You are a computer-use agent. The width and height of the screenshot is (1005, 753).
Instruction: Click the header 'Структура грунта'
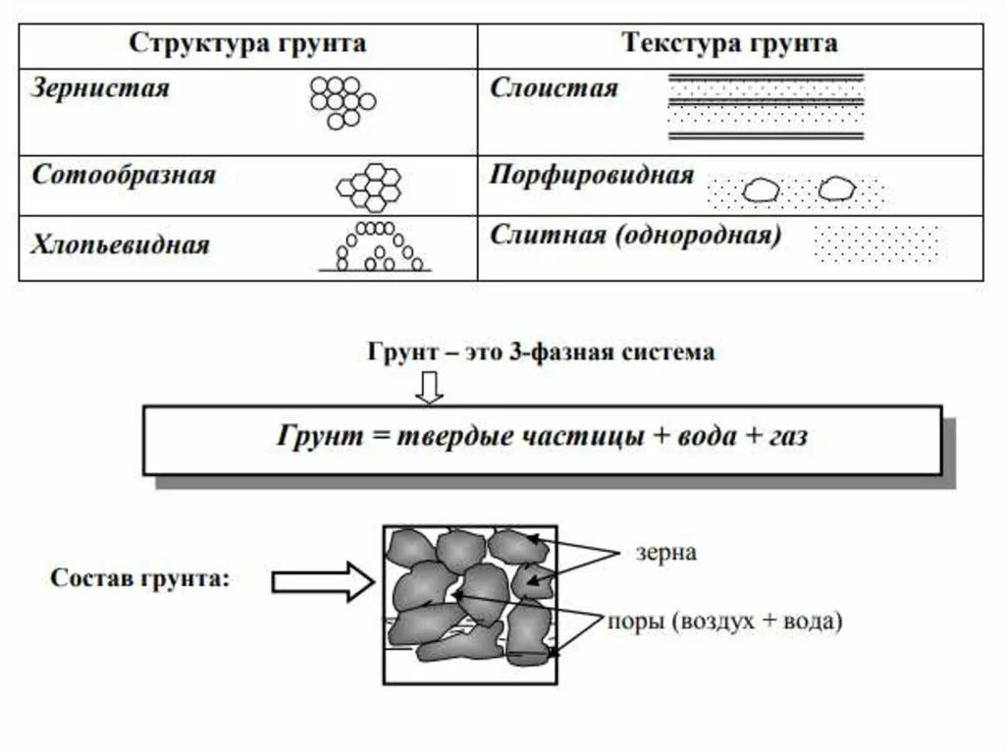tap(248, 43)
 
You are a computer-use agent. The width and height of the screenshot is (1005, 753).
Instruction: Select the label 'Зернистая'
tap(100, 87)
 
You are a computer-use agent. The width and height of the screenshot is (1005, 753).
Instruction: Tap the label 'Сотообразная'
tap(124, 176)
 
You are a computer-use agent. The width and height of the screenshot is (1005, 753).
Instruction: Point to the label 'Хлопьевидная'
tap(121, 243)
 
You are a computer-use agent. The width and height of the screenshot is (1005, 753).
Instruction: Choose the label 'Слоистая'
tap(555, 87)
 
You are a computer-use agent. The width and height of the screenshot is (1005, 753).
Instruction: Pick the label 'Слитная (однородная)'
tap(635, 236)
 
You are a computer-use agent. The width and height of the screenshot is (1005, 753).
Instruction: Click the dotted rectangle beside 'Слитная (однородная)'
tap(876, 243)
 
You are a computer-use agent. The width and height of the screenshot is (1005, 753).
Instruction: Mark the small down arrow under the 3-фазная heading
tap(429, 390)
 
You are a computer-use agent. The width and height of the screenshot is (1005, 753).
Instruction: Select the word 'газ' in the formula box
tap(786, 437)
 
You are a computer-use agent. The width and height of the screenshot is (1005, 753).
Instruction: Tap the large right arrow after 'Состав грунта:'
tap(322, 582)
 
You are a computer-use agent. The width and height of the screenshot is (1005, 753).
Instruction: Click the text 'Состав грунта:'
tap(140, 578)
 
